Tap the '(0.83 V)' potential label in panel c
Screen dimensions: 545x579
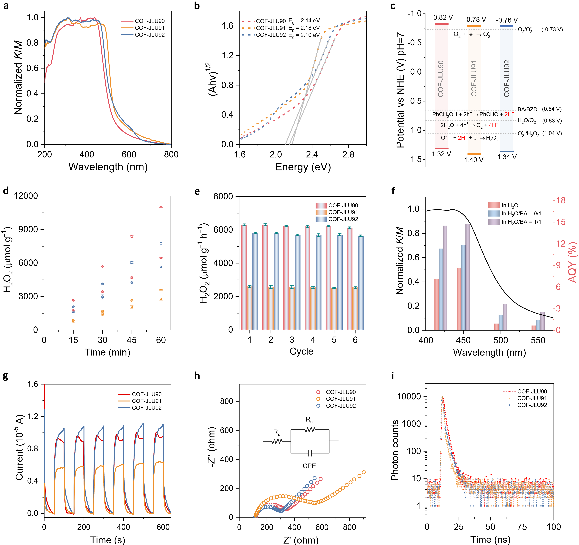click(x=552, y=121)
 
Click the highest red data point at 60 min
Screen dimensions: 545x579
click(x=161, y=207)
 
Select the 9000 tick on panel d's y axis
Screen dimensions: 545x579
click(x=28, y=229)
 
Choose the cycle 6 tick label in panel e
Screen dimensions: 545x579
click(x=355, y=340)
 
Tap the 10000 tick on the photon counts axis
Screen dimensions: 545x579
click(x=409, y=396)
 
